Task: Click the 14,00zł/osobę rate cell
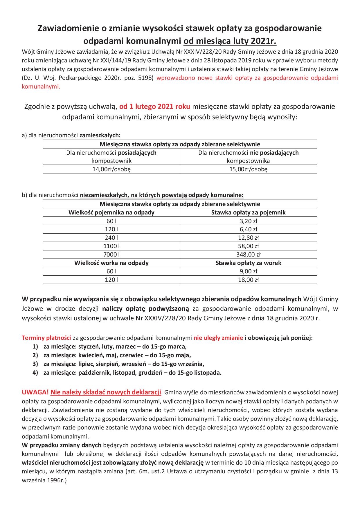[x=111, y=169]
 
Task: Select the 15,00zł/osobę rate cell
[x=248, y=169]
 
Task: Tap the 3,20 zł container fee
[x=248, y=221]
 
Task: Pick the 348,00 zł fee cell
[x=248, y=255]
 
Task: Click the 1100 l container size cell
[x=111, y=246]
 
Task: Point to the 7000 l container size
[x=111, y=255]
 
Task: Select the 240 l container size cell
[x=111, y=238]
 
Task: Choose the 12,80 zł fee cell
[x=248, y=238]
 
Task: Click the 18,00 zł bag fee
[x=248, y=280]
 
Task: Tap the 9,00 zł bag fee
[x=248, y=271]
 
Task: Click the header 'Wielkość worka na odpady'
[x=111, y=263]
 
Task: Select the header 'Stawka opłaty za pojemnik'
[x=248, y=212]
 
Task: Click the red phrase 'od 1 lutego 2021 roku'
[x=155, y=107]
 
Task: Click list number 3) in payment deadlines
[x=35, y=364]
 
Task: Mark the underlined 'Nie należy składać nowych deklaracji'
[x=106, y=393]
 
